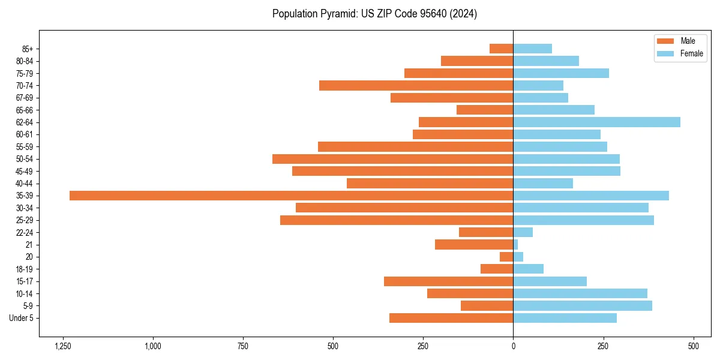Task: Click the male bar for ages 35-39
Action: tap(291, 196)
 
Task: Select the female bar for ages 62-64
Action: tap(596, 122)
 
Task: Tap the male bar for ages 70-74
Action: tap(416, 86)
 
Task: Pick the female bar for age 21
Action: tap(515, 245)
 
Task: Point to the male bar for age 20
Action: tap(506, 257)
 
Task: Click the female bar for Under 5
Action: tap(565, 318)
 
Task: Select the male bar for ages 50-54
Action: tap(392, 159)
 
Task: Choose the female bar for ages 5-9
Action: tap(582, 306)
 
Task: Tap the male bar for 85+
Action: tap(502, 49)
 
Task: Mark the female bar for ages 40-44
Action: tap(543, 184)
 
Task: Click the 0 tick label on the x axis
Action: tap(513, 346)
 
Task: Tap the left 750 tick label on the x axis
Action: tap(243, 346)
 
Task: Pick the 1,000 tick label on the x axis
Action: tap(153, 346)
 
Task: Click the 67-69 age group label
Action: tap(25, 98)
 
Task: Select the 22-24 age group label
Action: tap(25, 233)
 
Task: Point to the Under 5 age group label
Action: tap(21, 318)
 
